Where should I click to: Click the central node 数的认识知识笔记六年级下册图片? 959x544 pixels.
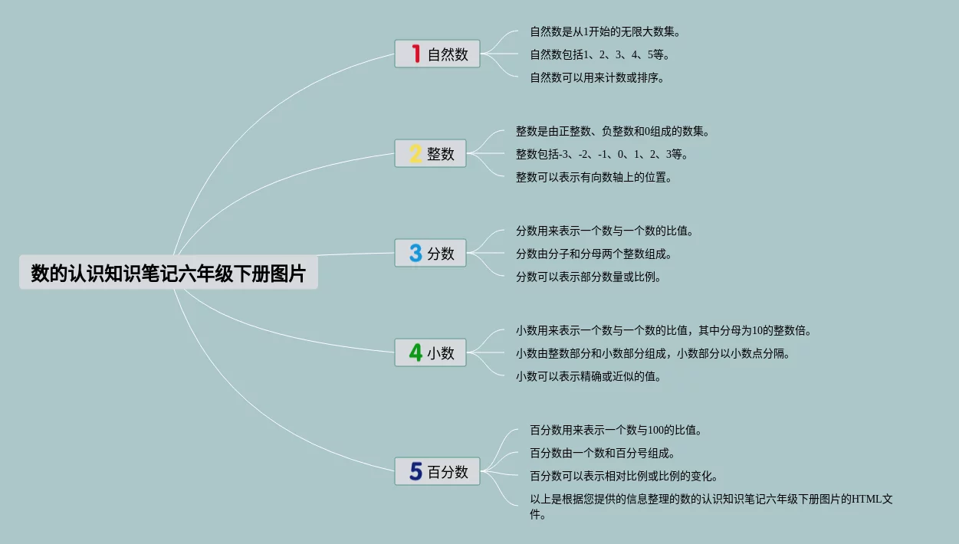tap(168, 273)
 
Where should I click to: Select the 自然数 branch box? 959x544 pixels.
tap(437, 54)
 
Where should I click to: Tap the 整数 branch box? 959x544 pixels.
tap(430, 153)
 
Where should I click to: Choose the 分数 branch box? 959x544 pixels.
tap(430, 253)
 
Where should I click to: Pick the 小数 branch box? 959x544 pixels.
tap(430, 352)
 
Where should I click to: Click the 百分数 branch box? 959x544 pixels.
tap(437, 471)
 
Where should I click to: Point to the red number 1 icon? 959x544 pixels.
tap(415, 54)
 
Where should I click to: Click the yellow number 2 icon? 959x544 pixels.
tap(415, 154)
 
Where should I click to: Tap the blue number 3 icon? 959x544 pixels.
tap(415, 253)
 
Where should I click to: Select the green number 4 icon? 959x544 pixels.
tap(415, 352)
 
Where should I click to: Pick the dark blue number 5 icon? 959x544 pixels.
tap(415, 471)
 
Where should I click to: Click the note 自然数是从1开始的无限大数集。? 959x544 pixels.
tap(606, 32)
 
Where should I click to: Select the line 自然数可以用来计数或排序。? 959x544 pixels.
tap(597, 77)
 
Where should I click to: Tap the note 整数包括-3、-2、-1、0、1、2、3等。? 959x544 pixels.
tap(603, 154)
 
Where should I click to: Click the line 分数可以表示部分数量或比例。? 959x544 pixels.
tap(589, 277)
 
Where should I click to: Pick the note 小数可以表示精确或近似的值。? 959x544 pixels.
tap(589, 376)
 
